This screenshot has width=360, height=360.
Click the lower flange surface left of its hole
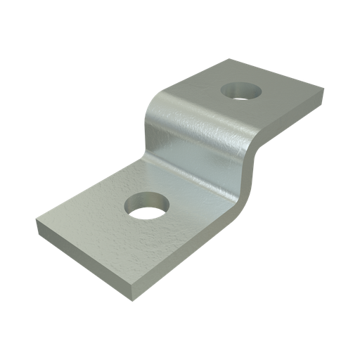coord(91,211)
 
